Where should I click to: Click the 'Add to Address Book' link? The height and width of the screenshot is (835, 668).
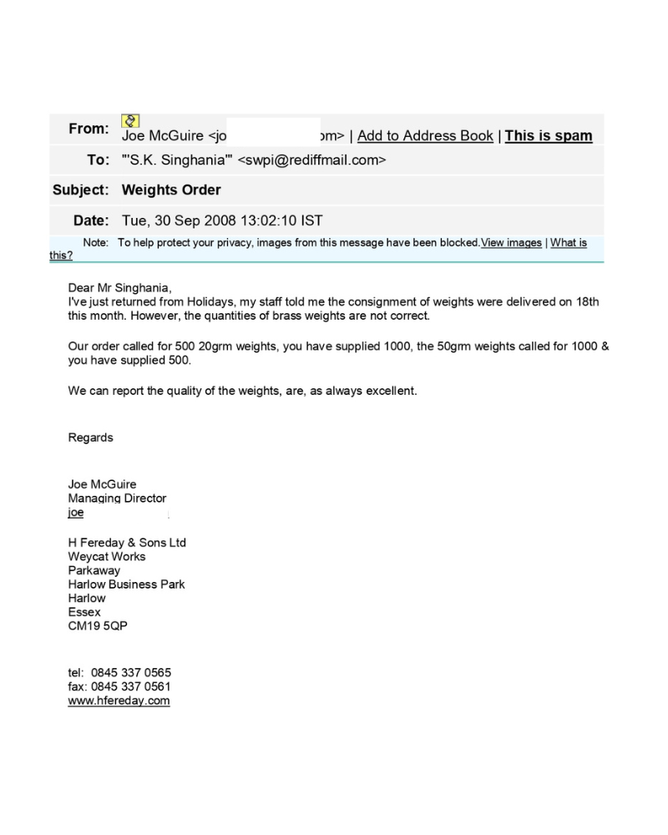(425, 136)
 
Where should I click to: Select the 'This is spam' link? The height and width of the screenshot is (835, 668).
(549, 136)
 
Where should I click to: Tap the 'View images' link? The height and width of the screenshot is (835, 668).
(511, 243)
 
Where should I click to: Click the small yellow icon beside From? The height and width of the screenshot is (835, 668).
(130, 122)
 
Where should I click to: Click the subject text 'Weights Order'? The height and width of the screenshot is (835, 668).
(171, 190)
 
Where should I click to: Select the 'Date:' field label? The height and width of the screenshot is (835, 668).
(90, 221)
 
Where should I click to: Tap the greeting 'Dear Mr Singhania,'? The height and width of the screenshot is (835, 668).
(119, 288)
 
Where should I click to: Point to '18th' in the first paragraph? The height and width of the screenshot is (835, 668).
(587, 301)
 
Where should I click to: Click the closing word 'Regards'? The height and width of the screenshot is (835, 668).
(90, 438)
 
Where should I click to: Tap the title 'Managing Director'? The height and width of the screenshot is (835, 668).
(117, 498)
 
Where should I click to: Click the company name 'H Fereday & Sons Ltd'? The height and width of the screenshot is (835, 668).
(127, 543)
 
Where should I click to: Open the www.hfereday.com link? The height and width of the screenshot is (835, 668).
(119, 701)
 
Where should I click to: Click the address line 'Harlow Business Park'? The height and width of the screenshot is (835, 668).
(126, 584)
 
